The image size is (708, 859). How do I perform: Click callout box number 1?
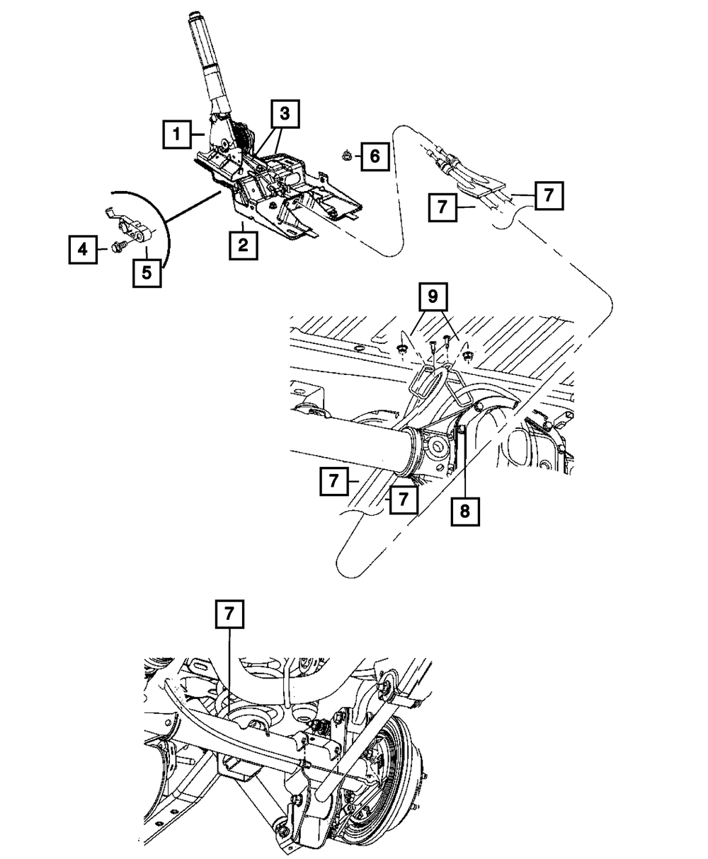click(177, 134)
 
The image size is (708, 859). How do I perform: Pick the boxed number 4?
click(82, 250)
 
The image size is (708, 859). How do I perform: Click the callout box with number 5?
click(147, 272)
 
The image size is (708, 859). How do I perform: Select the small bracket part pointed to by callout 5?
click(132, 227)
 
